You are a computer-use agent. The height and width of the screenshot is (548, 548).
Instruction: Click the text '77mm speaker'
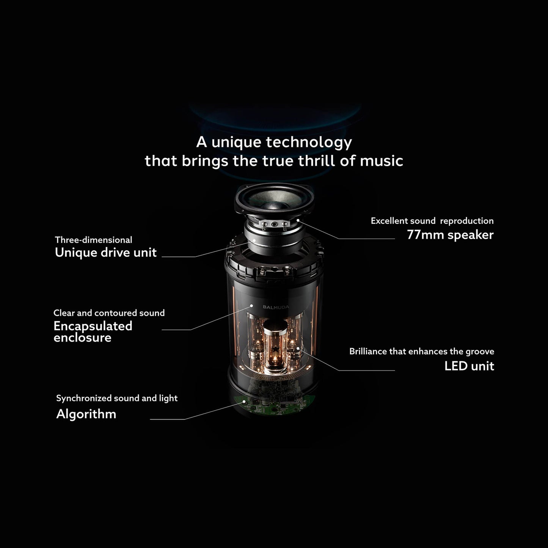tap(450, 235)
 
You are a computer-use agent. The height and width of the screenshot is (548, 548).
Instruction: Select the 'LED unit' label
tap(469, 366)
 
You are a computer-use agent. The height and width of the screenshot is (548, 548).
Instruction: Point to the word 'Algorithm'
tap(86, 414)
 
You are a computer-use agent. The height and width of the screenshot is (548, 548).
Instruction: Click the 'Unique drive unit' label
tap(106, 253)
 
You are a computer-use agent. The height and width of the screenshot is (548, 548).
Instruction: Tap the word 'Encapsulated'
tap(93, 326)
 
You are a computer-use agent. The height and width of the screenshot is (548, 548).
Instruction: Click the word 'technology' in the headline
tap(309, 143)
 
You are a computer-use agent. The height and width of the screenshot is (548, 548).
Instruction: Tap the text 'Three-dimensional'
tap(94, 240)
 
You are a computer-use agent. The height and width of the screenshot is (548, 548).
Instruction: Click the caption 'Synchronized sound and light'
tap(117, 399)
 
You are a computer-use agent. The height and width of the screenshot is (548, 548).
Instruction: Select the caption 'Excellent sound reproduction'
tap(432, 221)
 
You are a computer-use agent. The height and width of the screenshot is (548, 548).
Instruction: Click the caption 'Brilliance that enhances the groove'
tap(422, 352)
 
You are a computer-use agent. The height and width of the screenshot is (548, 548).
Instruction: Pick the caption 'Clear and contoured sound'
tap(109, 313)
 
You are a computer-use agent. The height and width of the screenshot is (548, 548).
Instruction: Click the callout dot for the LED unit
tap(298, 348)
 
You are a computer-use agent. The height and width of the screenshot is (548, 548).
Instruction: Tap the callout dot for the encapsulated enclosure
tap(251, 306)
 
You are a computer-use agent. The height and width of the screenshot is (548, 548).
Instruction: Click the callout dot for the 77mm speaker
tap(298, 220)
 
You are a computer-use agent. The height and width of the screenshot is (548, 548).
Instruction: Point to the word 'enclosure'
tap(82, 338)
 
